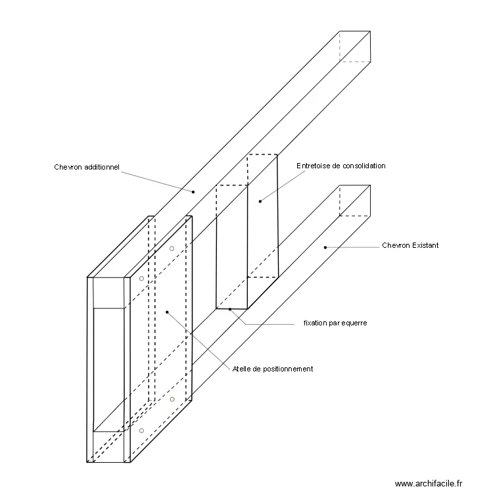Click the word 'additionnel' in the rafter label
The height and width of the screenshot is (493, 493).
point(101,167)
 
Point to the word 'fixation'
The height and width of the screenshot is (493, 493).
point(316,323)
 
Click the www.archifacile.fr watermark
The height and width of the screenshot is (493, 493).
point(429,482)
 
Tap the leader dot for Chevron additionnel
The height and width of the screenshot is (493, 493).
point(193,192)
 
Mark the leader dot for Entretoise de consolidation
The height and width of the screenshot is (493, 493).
point(260,201)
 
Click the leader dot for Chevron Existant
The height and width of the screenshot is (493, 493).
point(325,247)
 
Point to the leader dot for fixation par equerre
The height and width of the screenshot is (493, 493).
point(229,308)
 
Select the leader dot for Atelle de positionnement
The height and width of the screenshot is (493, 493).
point(167,312)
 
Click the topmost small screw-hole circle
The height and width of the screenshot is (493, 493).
point(172,248)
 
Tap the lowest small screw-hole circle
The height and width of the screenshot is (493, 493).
point(141,431)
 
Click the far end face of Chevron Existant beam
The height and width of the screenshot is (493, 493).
point(355,200)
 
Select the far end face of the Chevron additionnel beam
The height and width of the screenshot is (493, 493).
point(355,46)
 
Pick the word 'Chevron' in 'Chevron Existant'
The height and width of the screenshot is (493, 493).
point(395,245)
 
